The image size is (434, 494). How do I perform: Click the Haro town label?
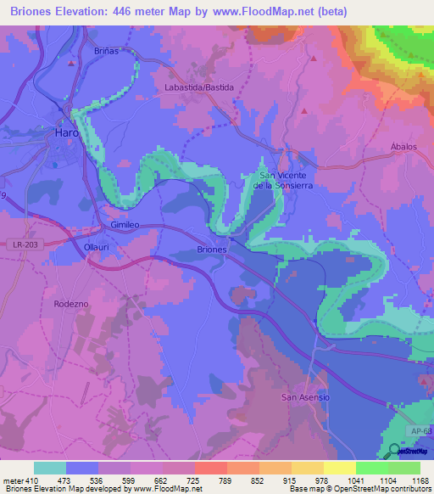pos(66,133)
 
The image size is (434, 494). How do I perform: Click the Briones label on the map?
pos(211,250)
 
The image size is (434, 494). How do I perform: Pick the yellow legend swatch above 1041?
pos(339,468)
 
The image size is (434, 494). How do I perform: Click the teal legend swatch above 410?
pos(49,468)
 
